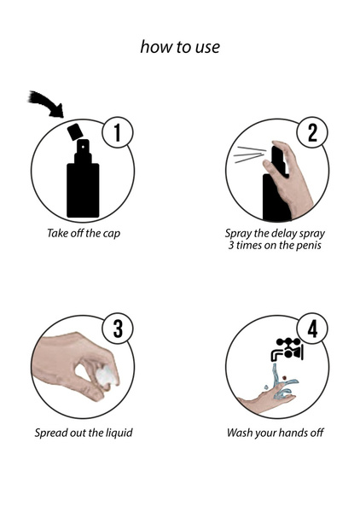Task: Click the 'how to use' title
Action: (180, 47)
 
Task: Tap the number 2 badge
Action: (311, 133)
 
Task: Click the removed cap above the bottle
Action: (74, 131)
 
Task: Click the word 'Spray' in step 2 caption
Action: (240, 233)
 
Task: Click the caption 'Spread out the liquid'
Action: (84, 432)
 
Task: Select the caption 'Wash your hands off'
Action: (275, 432)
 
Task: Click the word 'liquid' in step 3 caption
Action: (117, 432)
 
